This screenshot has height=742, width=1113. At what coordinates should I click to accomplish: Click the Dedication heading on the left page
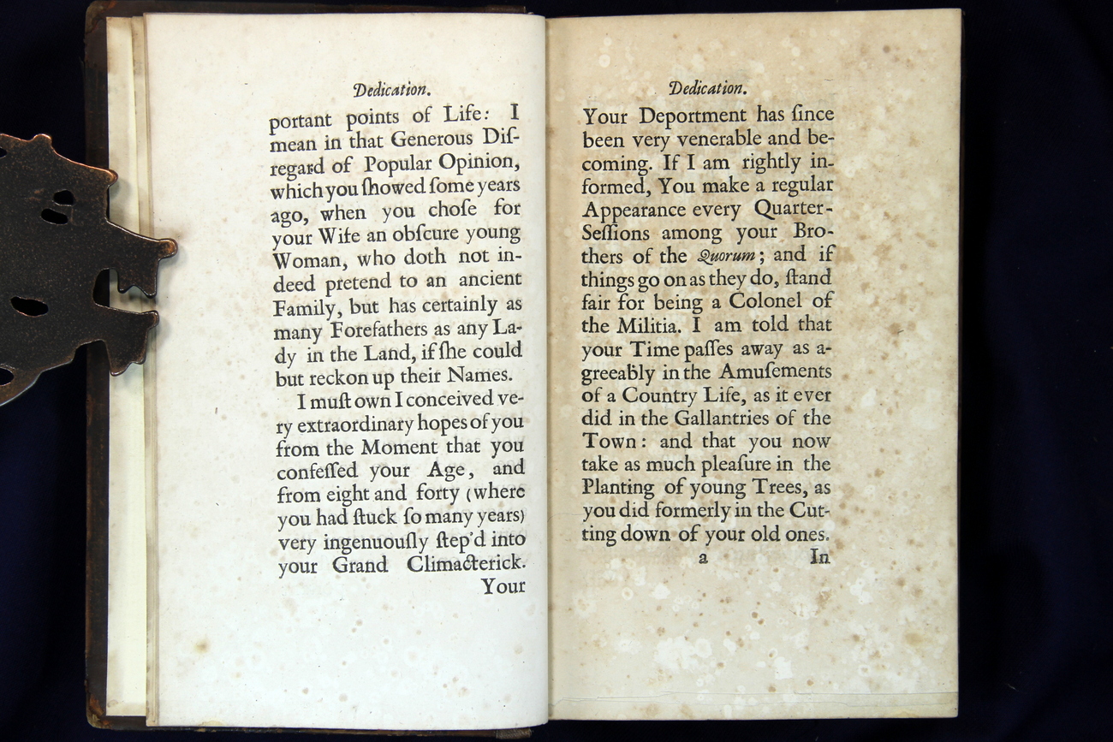390,89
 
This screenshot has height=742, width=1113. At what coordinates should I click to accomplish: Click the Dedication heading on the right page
707,88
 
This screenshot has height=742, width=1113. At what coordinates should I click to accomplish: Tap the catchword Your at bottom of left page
503,586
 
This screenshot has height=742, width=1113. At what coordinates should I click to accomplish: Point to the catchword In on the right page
819,558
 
